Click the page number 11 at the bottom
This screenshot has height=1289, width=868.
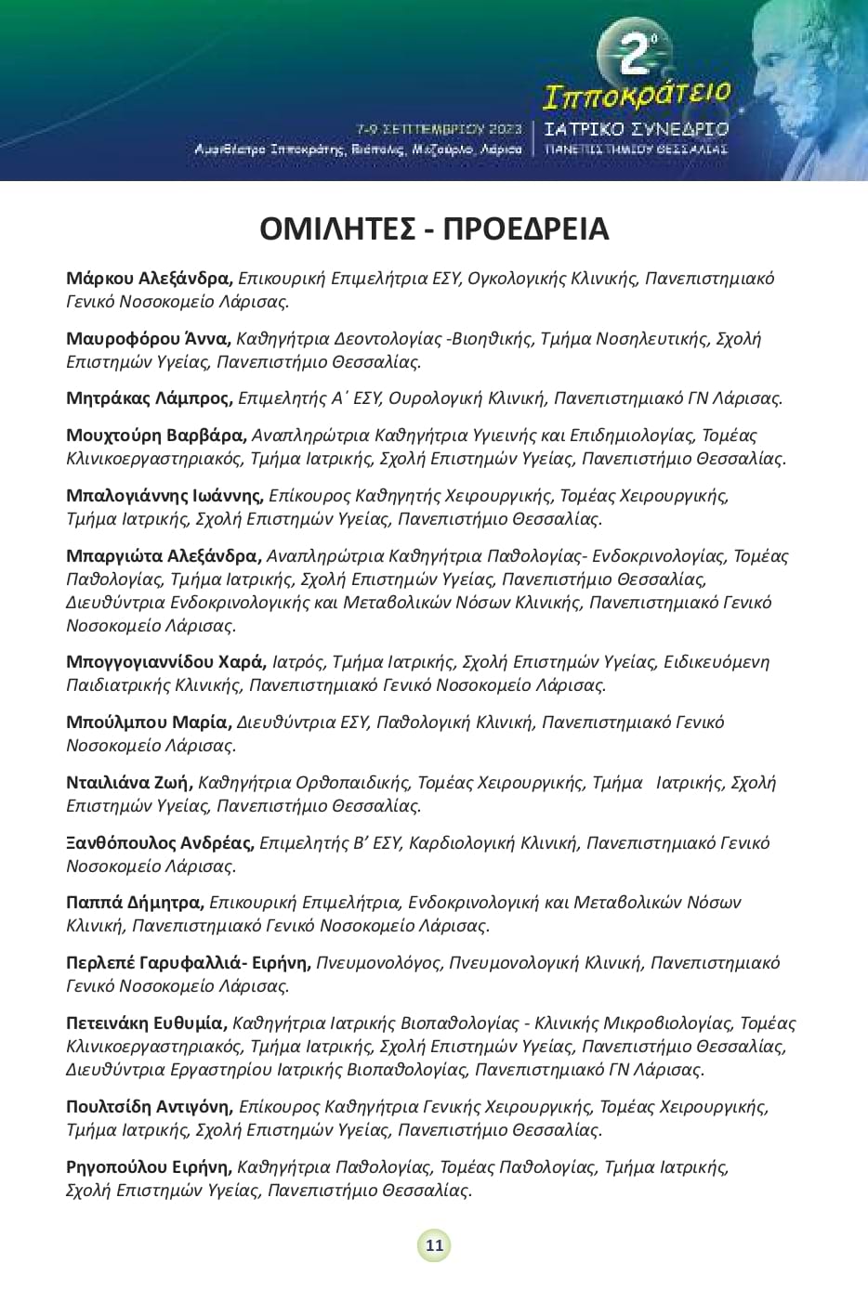tap(434, 1246)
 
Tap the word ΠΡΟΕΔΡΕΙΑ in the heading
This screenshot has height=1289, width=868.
tap(526, 228)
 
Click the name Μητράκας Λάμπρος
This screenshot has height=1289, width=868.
tap(149, 398)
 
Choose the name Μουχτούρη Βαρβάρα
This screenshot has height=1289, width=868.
tap(156, 435)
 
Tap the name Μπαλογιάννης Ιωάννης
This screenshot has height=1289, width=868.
tap(164, 496)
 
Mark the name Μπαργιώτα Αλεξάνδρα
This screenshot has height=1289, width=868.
tap(163, 556)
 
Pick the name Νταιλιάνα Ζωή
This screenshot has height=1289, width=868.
tap(129, 783)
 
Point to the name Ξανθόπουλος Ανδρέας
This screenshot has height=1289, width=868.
tap(160, 843)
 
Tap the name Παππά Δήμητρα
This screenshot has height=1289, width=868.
tap(135, 903)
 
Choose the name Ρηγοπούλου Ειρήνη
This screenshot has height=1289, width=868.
tap(148, 1167)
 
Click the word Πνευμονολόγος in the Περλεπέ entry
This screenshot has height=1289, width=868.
tap(378, 963)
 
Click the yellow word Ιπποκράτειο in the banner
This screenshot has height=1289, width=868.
tap(636, 93)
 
